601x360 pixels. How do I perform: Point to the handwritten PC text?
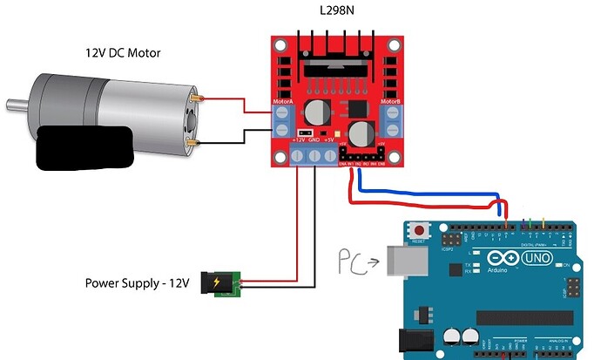tap(350, 259)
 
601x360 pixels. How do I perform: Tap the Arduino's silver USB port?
tap(403, 260)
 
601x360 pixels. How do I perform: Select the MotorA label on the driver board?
tap(283, 101)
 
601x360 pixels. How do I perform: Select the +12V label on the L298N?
tap(299, 139)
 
